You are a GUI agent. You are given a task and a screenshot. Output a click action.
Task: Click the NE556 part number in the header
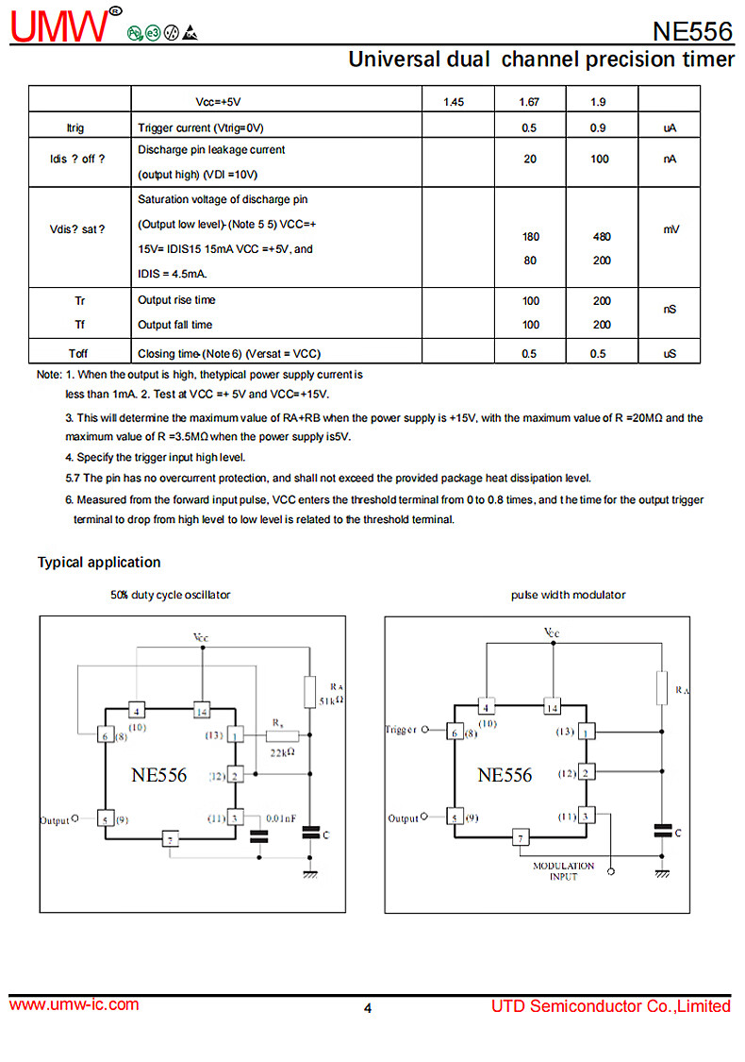[x=691, y=31]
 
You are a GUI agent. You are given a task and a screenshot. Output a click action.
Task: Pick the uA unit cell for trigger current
[x=670, y=128]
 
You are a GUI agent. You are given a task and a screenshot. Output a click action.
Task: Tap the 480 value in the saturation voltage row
[x=600, y=237]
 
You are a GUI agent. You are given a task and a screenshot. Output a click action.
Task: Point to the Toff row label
[x=79, y=354]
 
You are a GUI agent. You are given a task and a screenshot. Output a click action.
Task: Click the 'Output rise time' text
[x=176, y=300]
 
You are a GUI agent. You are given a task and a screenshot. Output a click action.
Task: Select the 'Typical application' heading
[x=99, y=563]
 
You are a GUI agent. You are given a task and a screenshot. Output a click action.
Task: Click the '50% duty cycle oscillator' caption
[x=170, y=595]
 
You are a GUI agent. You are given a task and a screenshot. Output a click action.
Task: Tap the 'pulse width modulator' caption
[x=568, y=595]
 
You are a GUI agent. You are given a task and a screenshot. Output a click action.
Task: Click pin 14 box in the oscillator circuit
[x=201, y=710]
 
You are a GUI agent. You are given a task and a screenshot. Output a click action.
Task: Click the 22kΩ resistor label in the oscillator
[x=282, y=751]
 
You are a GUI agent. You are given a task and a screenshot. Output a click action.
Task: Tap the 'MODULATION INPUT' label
[x=563, y=871]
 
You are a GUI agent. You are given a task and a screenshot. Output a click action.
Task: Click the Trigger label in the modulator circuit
[x=401, y=730]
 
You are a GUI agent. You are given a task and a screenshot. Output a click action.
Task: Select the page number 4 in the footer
[x=368, y=1008]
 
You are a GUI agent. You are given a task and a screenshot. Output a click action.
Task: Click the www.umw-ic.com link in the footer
[x=74, y=1004]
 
